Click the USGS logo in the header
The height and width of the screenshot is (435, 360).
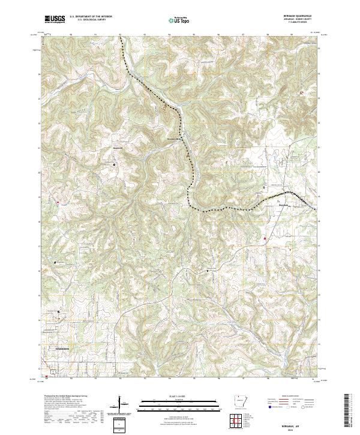55,19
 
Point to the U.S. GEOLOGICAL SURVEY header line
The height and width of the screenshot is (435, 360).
91,20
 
